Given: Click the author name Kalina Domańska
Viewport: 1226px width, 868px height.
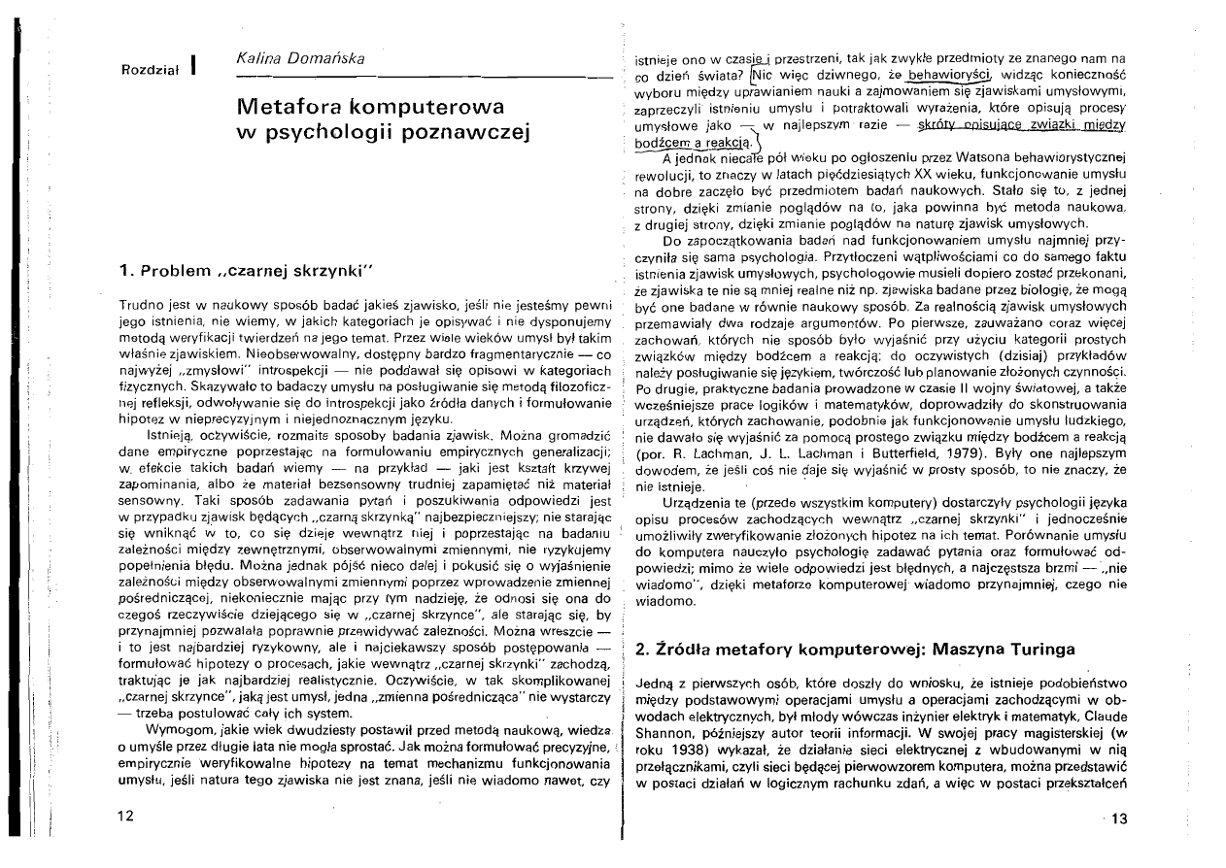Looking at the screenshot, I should pos(293,61).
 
